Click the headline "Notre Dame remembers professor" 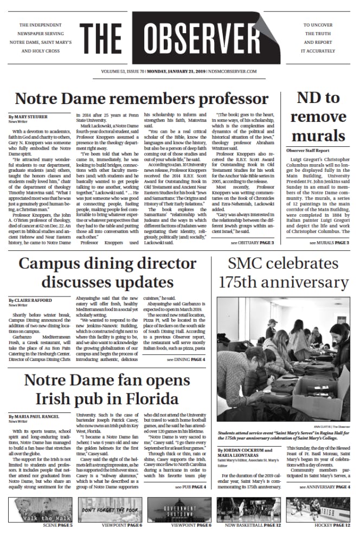(x=142, y=99)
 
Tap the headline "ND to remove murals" (x=318, y=117)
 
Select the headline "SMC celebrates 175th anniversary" (x=280, y=273)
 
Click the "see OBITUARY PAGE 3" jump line (x=252, y=243)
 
